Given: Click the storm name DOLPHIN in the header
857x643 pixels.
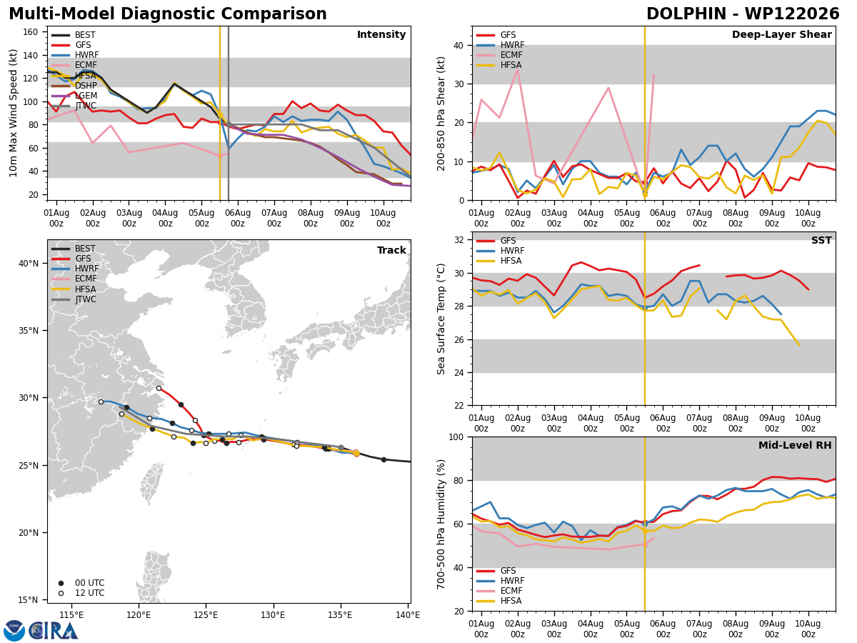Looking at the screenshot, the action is tap(686, 14).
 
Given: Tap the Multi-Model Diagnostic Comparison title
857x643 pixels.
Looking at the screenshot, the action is tap(168, 14).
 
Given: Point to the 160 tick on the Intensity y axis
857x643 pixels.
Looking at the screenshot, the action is tap(30, 32).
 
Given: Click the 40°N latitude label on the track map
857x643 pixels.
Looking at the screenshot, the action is tap(29, 264).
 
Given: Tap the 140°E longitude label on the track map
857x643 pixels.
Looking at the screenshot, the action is tap(408, 615).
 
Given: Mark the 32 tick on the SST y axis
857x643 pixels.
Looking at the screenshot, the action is tap(458, 240).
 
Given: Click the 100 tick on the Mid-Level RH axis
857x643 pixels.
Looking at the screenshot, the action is tap(456, 437).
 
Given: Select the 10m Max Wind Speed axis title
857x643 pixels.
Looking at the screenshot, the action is tap(13, 113).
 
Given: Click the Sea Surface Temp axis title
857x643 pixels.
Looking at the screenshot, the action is tap(441, 319).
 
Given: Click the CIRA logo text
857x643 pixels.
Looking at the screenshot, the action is tap(54, 631).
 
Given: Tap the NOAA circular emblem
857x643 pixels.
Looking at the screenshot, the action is tap(14, 631).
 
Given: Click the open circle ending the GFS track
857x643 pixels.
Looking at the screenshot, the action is tap(159, 389).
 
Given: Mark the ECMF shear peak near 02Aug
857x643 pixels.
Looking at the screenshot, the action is tap(518, 69).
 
